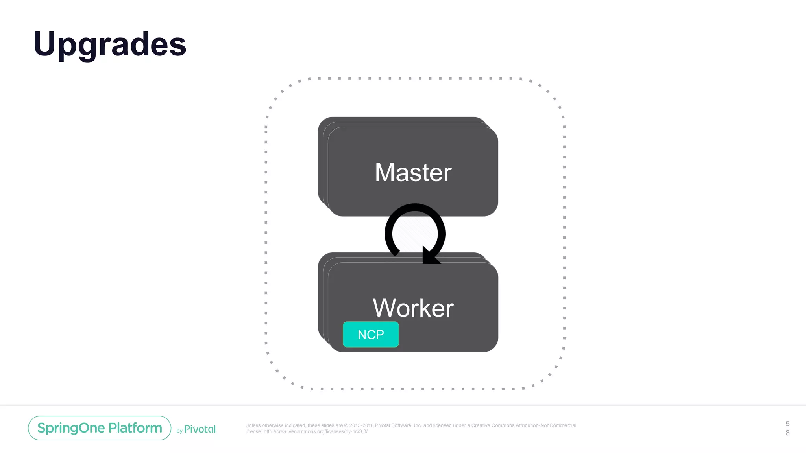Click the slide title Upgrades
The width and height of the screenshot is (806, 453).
[110, 44]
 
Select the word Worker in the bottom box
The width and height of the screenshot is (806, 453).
[413, 308]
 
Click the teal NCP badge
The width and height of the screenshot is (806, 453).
[371, 335]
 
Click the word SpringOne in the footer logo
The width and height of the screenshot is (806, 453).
[71, 428]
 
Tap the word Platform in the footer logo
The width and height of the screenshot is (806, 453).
[135, 428]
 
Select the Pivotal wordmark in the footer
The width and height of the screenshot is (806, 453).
[200, 429]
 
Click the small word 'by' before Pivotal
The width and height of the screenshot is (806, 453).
[179, 431]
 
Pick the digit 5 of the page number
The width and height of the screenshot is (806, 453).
[788, 424]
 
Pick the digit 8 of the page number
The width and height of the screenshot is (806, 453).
[788, 433]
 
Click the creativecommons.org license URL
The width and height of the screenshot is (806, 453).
[315, 431]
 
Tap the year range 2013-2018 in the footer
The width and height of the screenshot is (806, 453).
[361, 425]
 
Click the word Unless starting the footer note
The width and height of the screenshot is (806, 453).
[253, 425]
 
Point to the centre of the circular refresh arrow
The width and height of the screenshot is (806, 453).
[415, 234]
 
